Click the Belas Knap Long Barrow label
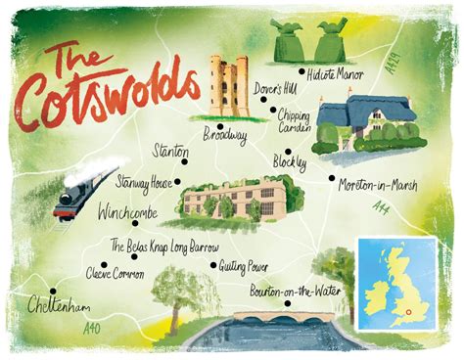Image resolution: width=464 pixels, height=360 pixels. [x=164, y=247]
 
